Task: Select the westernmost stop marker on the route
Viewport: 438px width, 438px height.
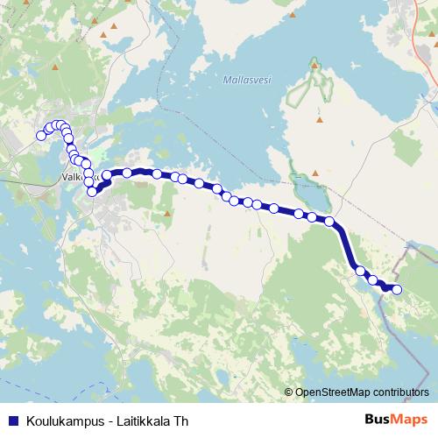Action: coord(40,135)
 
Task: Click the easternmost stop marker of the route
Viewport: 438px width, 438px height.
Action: coord(396,289)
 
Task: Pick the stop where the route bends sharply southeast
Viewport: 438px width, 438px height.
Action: coord(330,222)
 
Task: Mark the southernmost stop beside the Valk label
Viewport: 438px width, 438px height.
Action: coord(92,191)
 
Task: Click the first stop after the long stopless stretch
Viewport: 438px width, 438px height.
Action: coord(359,271)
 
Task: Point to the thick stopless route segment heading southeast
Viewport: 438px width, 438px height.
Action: coord(344,245)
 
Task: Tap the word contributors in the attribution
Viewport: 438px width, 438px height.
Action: coord(400,392)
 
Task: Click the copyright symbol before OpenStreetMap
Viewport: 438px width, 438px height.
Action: coord(288,392)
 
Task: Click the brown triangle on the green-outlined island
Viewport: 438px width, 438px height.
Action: coord(320,119)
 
